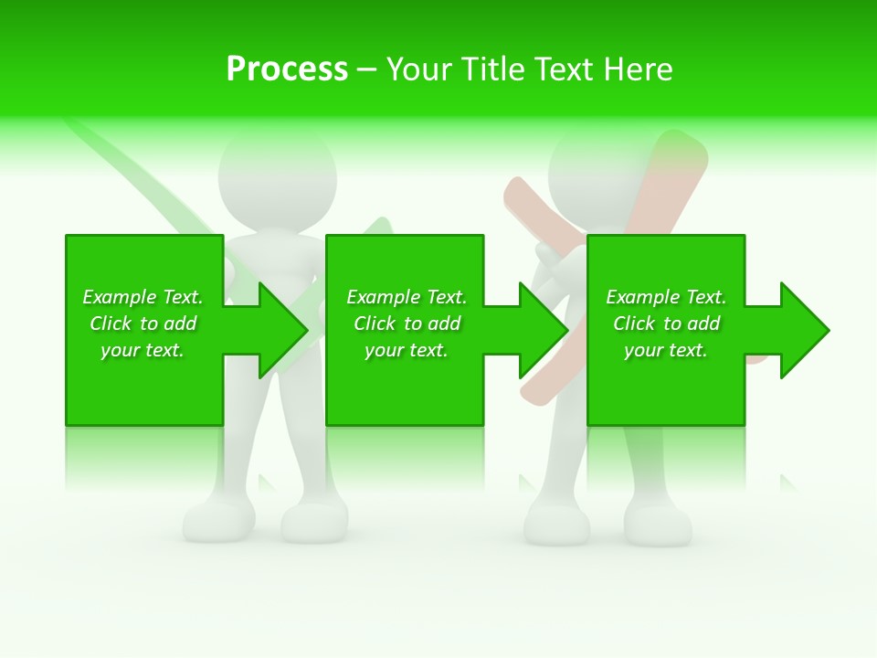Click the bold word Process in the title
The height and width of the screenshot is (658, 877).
point(287,69)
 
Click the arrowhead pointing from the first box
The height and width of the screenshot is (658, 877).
point(283,330)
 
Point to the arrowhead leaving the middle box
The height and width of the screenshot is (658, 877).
point(544,330)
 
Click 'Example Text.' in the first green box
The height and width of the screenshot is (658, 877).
point(143,297)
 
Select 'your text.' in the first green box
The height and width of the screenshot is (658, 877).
point(143,350)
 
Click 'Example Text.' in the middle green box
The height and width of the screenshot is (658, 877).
point(407,297)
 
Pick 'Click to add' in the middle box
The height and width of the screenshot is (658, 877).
point(407,324)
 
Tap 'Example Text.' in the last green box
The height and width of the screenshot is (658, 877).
point(666,297)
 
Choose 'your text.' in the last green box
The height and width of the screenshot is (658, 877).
point(666,350)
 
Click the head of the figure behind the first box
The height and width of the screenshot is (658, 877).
point(277,179)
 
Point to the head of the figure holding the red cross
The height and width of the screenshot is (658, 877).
point(598,174)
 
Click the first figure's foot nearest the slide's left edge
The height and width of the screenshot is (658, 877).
point(217,521)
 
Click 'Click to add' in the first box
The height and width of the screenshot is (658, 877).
point(143,324)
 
